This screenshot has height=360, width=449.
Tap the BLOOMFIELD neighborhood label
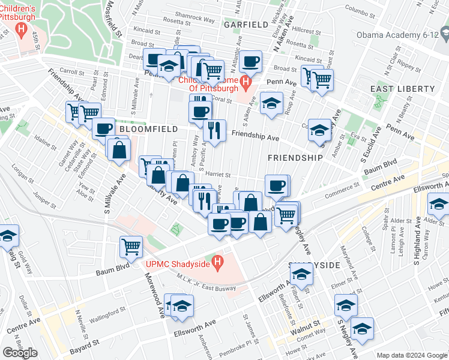coord(148,129)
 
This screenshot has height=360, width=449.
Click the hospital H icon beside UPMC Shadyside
coord(218,263)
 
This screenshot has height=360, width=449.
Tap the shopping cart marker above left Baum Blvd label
coord(131,245)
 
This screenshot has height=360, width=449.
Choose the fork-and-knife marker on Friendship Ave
coord(214,130)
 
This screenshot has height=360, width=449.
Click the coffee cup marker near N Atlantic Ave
coord(250,61)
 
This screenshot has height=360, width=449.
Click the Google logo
coord(20,353)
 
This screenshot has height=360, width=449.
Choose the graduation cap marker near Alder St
coord(438,205)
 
